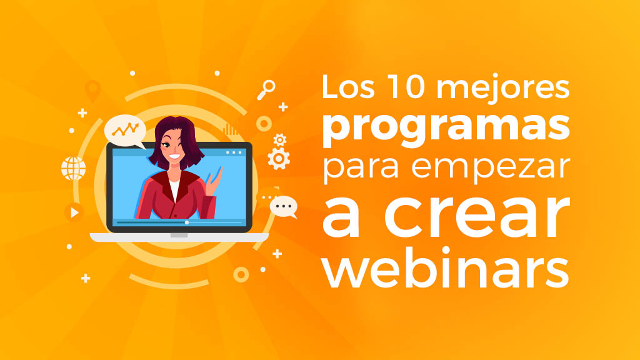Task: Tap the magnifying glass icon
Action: click(266, 89)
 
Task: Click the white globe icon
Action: click(73, 168)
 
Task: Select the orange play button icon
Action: click(74, 212)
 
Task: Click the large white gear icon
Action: click(278, 158)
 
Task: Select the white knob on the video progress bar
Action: click(186, 222)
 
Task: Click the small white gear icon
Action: click(280, 139)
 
